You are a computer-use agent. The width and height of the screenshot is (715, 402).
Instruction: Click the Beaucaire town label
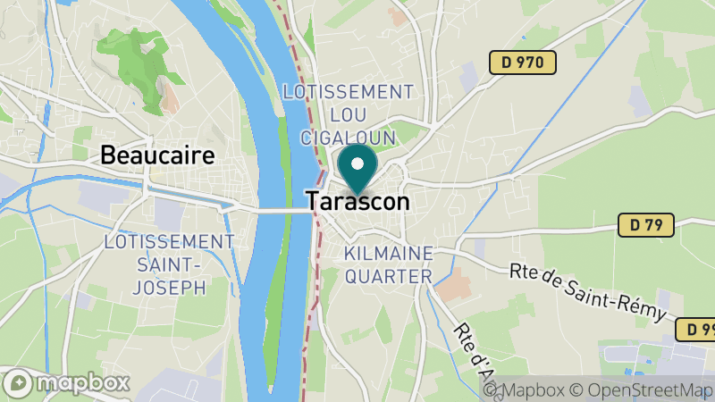coord(157,155)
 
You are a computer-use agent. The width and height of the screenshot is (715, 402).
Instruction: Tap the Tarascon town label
coord(357,202)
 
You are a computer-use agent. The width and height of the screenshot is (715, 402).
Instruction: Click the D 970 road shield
coord(523,63)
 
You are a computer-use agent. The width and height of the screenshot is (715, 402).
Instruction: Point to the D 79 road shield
coord(645,225)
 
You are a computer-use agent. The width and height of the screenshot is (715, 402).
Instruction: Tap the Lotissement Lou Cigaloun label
coord(347,114)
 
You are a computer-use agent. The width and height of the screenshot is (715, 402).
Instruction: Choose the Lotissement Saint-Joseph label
coord(168,264)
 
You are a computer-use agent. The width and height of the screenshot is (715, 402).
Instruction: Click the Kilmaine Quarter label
coord(387,264)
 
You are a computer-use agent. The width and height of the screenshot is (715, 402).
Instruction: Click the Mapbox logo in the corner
coord(66,383)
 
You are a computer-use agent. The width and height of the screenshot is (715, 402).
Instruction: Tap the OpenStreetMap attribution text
coord(644,390)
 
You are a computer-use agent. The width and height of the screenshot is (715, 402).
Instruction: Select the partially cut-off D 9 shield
coord(695,329)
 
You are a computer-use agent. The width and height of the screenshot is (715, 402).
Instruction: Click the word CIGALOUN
coord(347,137)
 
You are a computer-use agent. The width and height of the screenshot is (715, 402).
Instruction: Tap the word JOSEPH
coord(168,287)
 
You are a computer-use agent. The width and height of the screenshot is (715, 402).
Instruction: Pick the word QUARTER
coord(388,276)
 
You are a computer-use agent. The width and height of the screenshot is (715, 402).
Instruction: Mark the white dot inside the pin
coord(358,163)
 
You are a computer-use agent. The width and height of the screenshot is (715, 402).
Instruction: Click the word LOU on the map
coord(347,114)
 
